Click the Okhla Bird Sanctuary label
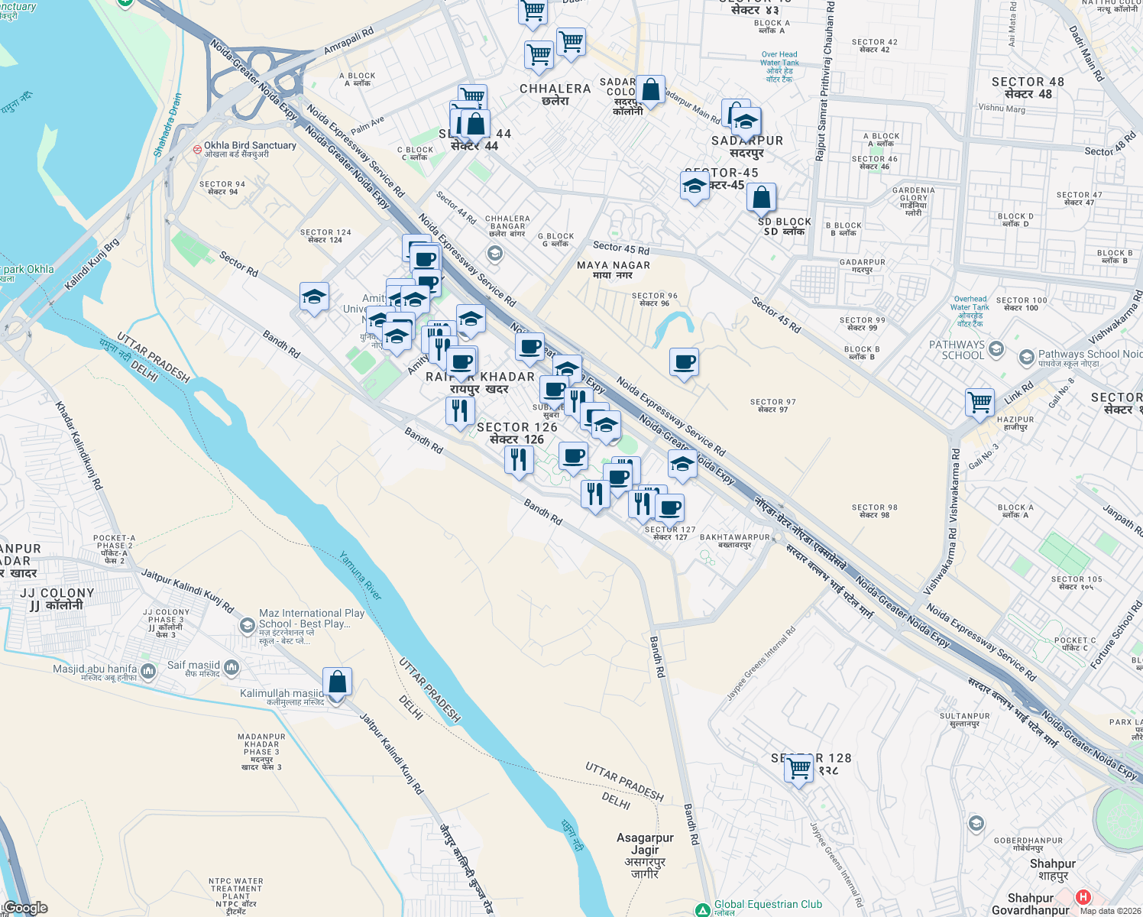click(x=250, y=145)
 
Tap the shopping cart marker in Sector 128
click(x=800, y=768)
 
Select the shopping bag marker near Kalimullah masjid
click(x=337, y=682)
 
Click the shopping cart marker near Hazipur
click(x=979, y=401)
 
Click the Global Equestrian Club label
click(x=768, y=905)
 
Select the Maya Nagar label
click(x=614, y=266)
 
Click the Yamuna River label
click(x=361, y=575)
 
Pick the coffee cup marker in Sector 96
click(x=685, y=362)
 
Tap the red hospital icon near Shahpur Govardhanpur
click(x=1083, y=897)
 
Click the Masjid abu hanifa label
click(x=96, y=669)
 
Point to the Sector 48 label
click(x=1028, y=83)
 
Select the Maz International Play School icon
click(x=247, y=627)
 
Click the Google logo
click(x=26, y=908)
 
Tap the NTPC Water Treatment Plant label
click(x=236, y=889)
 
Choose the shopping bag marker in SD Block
click(x=762, y=197)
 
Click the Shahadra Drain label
click(x=168, y=125)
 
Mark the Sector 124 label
click(x=325, y=232)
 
